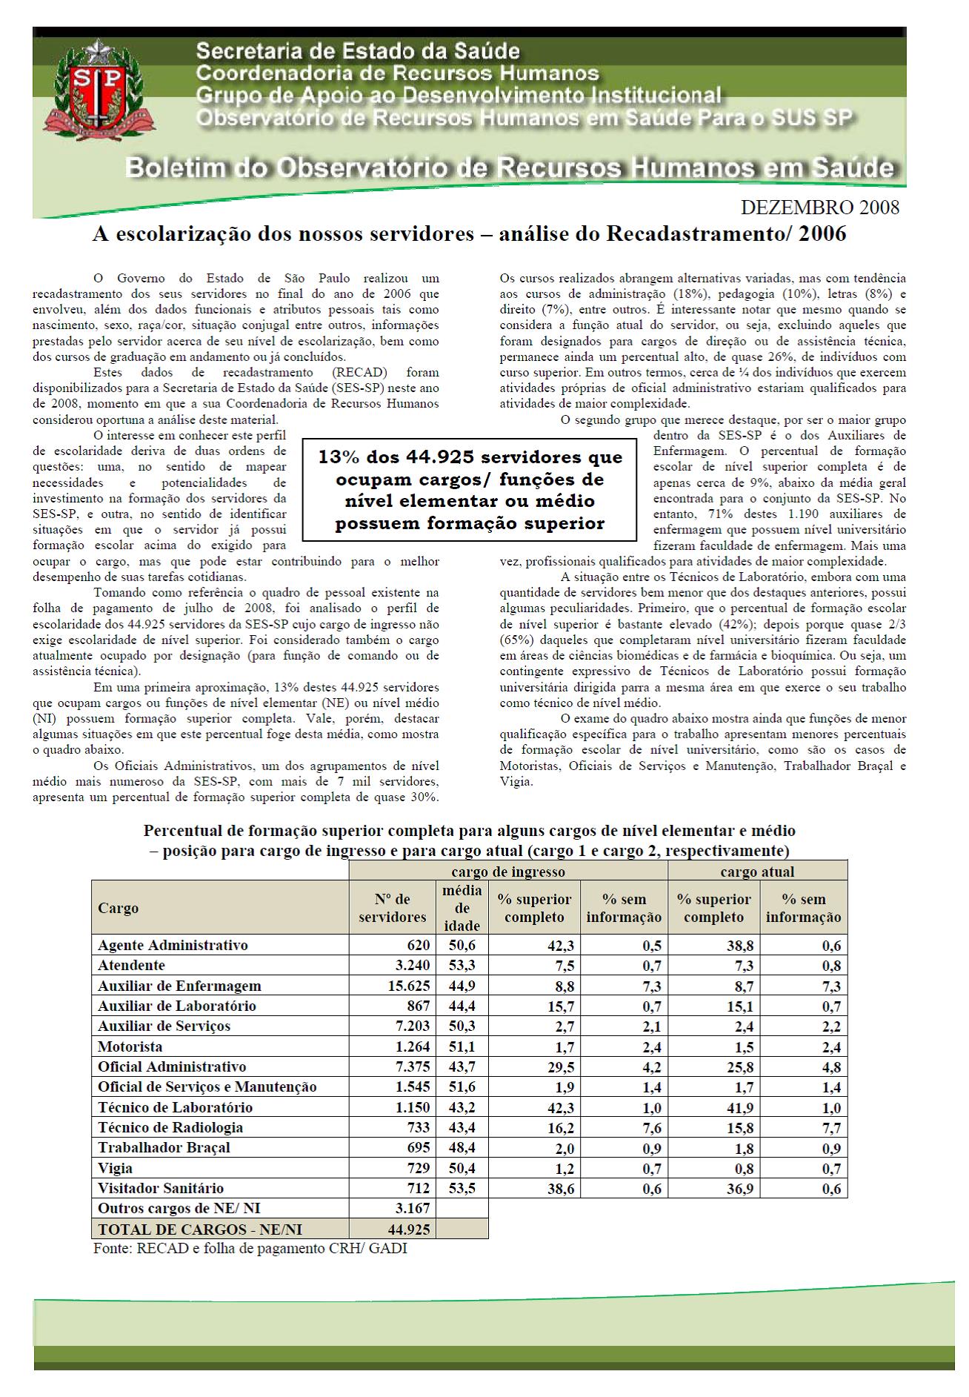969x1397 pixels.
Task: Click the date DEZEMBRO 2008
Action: coord(820,208)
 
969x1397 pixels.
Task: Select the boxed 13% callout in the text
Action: coord(470,490)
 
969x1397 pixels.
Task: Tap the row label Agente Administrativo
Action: coord(173,945)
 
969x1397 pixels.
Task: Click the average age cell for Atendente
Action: coord(462,966)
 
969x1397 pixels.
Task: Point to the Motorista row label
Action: coord(130,1046)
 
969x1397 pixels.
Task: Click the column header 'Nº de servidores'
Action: coord(393,908)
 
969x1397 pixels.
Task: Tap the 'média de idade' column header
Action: coord(462,908)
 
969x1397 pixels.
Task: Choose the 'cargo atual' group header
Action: coord(757,872)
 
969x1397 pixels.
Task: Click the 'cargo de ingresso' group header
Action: coord(508,872)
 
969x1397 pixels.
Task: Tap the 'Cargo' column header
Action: coord(118,908)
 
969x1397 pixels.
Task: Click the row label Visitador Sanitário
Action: coord(161,1188)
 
